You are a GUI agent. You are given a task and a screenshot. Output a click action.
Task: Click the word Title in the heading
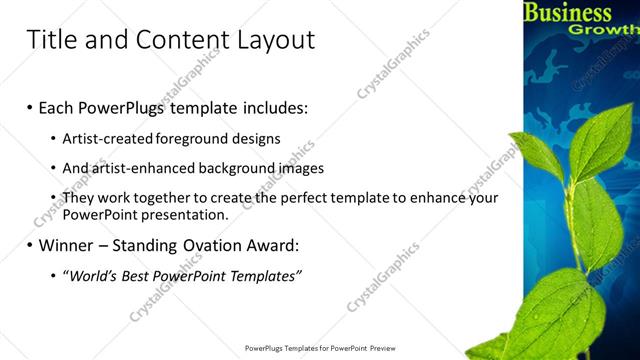click(x=52, y=40)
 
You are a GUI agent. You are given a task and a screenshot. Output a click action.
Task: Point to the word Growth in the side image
click(x=604, y=30)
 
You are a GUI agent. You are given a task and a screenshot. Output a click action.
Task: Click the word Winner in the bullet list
click(x=66, y=244)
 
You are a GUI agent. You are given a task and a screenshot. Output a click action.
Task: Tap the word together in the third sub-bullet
click(x=164, y=198)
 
